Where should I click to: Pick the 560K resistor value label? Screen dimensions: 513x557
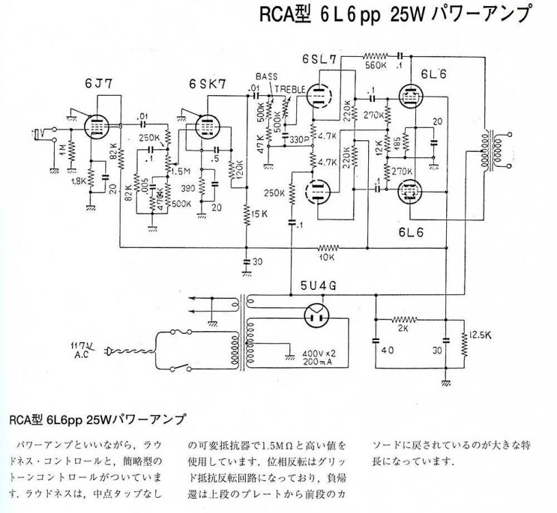376,66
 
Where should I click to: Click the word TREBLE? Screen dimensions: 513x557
287,89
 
